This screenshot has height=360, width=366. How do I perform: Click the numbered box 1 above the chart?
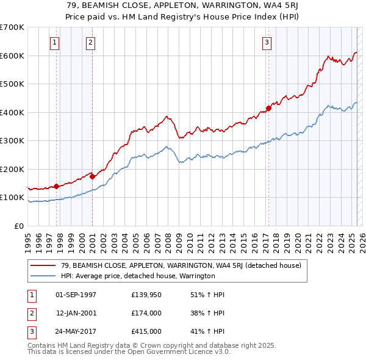55,42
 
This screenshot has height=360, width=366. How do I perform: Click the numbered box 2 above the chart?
90,42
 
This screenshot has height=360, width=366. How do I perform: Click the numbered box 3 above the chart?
267,42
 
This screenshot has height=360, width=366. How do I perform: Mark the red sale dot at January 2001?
92,176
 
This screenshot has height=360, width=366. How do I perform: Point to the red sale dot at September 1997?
56,186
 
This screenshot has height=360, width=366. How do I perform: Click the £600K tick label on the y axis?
12,56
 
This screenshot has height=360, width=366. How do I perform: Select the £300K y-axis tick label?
12,141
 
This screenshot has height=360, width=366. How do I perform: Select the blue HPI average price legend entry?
138,276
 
